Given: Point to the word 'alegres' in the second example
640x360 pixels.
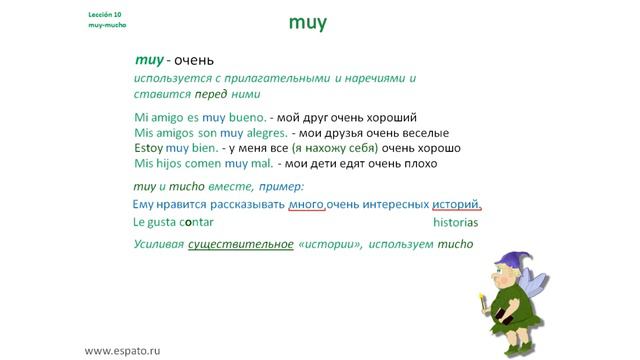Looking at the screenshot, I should (263, 133).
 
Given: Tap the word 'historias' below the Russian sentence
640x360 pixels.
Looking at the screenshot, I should (456, 223).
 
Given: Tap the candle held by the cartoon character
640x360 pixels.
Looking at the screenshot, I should (487, 301).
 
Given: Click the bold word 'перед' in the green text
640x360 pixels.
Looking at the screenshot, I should (201, 95).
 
